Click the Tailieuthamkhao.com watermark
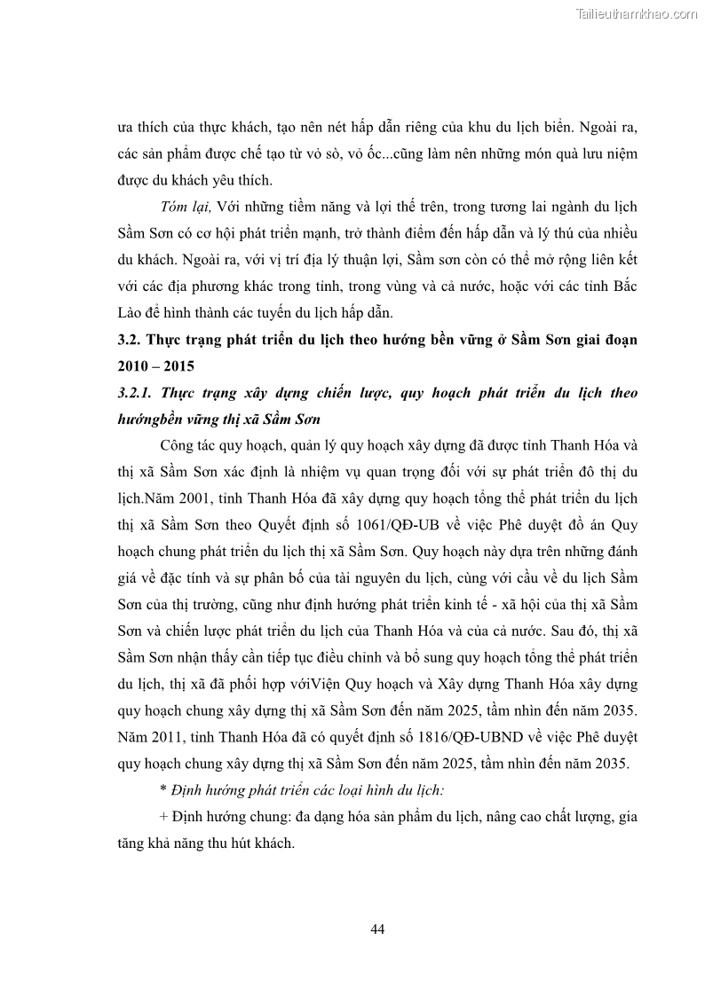click(x=637, y=13)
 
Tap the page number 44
click(x=376, y=929)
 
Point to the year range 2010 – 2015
click(x=155, y=365)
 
